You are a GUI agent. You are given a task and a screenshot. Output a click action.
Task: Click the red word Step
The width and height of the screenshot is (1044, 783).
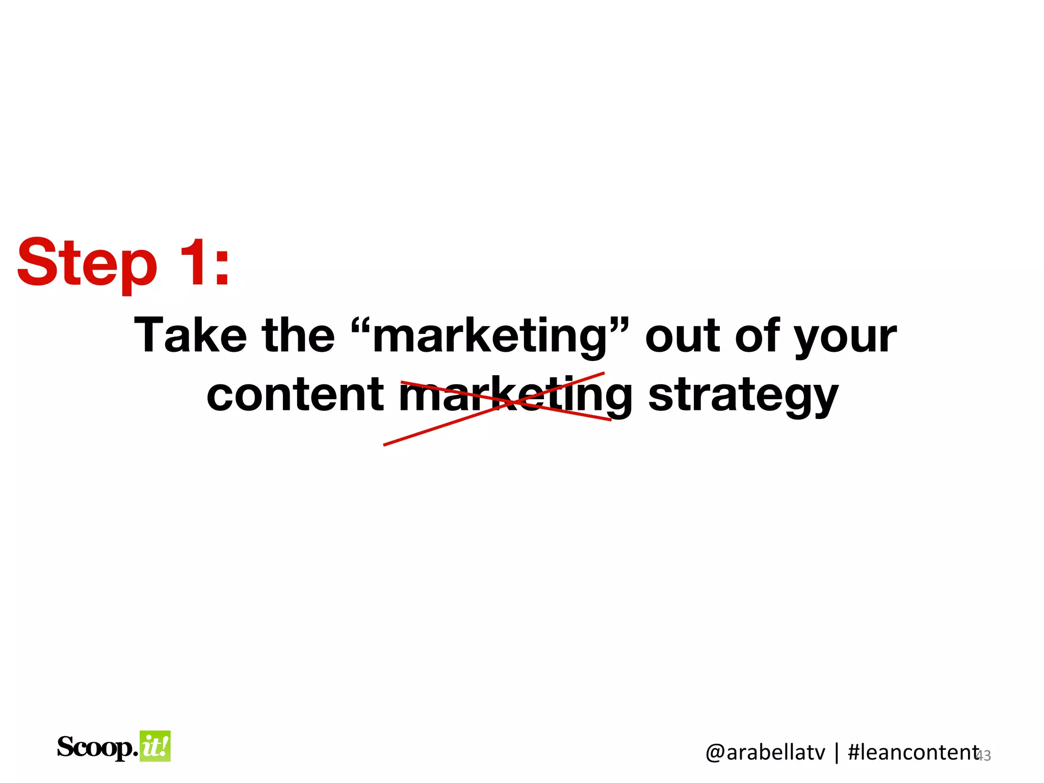pos(87,264)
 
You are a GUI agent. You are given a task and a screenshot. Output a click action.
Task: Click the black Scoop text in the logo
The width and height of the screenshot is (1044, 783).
pos(96,747)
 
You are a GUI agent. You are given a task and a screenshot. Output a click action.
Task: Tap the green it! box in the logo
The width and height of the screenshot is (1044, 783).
pos(155,746)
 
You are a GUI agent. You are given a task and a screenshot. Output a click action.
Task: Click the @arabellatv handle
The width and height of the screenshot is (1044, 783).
pos(765,752)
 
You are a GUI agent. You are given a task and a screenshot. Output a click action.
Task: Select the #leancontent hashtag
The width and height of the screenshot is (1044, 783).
pos(912,752)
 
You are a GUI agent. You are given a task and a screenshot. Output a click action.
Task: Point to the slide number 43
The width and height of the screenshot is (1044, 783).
pos(984,755)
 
